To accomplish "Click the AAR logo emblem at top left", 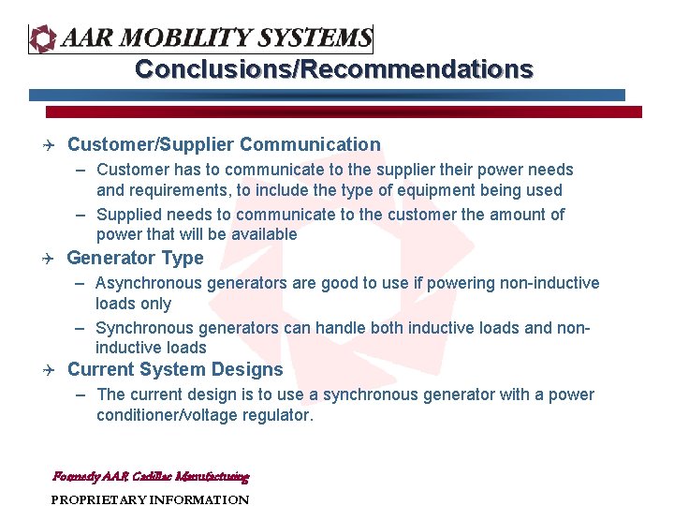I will (x=43, y=38).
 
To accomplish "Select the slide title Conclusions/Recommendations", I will (x=334, y=69).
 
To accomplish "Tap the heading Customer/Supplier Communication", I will (x=224, y=144).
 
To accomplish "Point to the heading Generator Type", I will (x=135, y=258).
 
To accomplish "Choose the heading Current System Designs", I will (x=175, y=369).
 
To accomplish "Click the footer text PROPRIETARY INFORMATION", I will (x=150, y=499).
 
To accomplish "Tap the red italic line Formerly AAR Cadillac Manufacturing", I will (x=151, y=476).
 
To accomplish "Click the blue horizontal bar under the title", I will (x=327, y=95).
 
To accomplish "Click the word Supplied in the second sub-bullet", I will (x=128, y=215).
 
